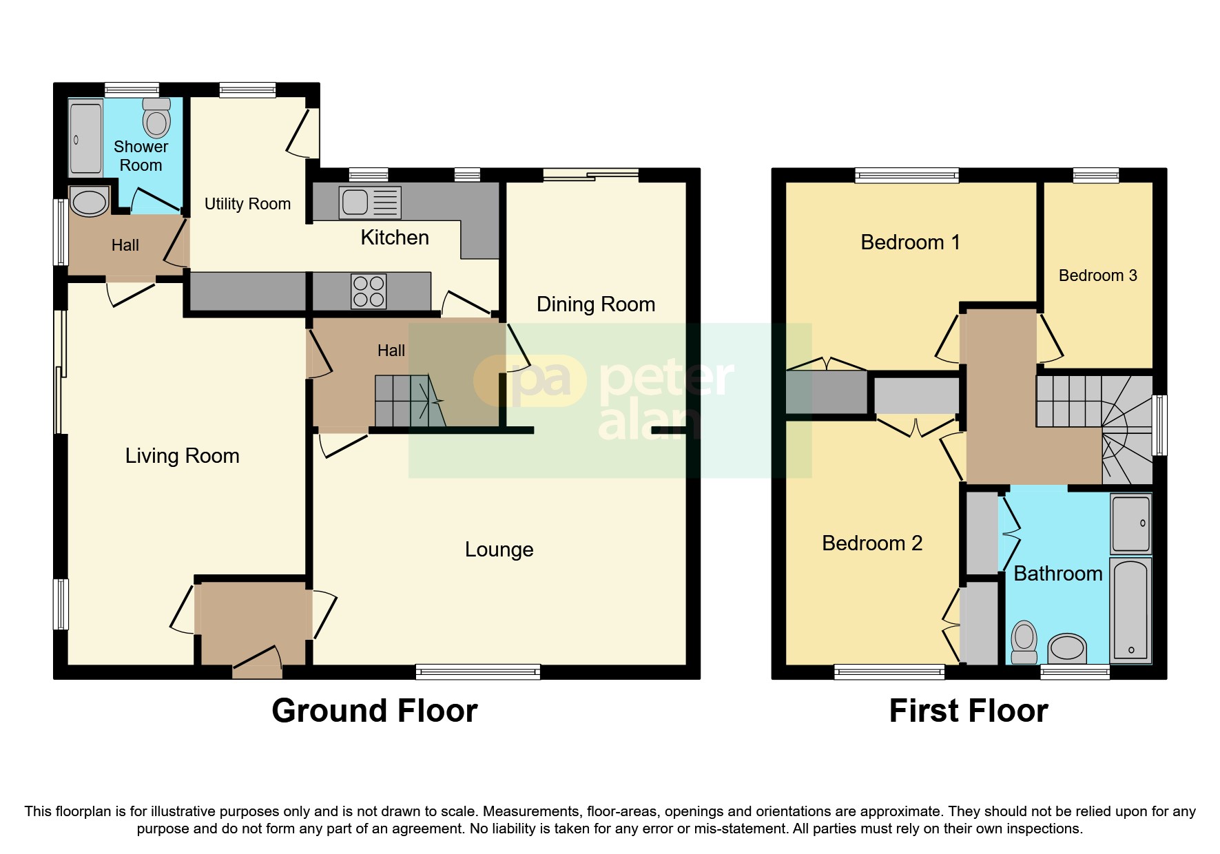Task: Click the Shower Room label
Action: pyautogui.click(x=141, y=156)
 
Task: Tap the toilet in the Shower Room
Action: pyautogui.click(x=157, y=119)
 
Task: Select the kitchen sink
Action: pyautogui.click(x=370, y=202)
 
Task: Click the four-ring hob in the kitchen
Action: pyautogui.click(x=369, y=291)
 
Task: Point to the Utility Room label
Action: pyautogui.click(x=247, y=204)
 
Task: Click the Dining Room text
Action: pyautogui.click(x=595, y=304)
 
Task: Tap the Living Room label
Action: pyautogui.click(x=182, y=456)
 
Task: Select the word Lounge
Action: pyautogui.click(x=499, y=550)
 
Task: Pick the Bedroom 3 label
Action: pyautogui.click(x=1097, y=275)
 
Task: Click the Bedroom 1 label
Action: pyautogui.click(x=910, y=242)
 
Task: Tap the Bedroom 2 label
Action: pyautogui.click(x=871, y=543)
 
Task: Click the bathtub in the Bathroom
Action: pyautogui.click(x=1130, y=610)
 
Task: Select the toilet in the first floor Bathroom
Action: pyautogui.click(x=1024, y=641)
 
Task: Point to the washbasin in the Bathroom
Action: pyautogui.click(x=1066, y=648)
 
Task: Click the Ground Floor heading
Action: pyautogui.click(x=374, y=711)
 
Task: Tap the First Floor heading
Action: pyautogui.click(x=968, y=711)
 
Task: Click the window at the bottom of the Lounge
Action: pyautogui.click(x=477, y=671)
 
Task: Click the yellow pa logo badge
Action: pyautogui.click(x=529, y=380)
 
